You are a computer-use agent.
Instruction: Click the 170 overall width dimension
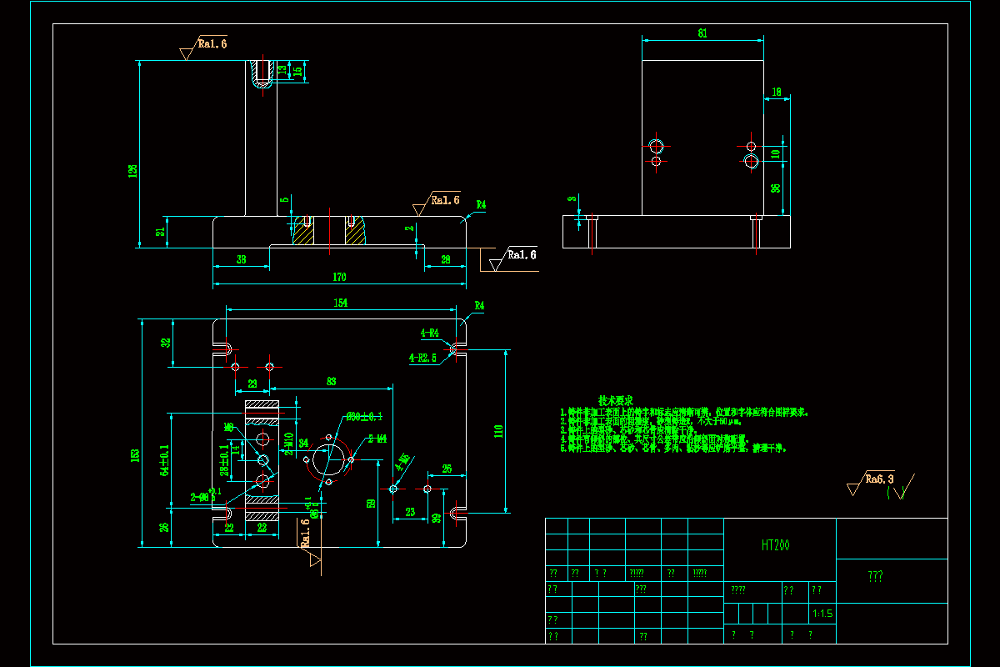(x=339, y=277)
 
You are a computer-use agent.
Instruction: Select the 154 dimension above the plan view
(x=341, y=303)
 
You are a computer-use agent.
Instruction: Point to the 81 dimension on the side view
(x=702, y=33)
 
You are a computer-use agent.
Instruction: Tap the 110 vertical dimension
(x=498, y=431)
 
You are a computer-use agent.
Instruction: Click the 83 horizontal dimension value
(x=331, y=382)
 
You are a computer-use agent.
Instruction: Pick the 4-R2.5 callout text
(x=422, y=358)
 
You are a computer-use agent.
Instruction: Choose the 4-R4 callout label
(x=430, y=333)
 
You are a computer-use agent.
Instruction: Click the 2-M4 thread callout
(x=377, y=439)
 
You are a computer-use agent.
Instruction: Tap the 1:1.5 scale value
(x=822, y=614)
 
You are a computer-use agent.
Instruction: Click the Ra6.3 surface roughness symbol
(x=879, y=479)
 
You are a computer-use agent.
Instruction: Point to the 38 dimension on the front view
(x=241, y=260)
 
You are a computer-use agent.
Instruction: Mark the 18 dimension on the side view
(x=777, y=93)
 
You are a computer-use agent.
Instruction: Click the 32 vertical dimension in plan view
(x=167, y=343)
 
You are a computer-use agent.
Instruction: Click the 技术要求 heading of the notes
(x=616, y=400)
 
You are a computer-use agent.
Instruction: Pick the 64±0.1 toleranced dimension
(x=164, y=459)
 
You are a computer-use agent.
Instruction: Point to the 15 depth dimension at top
(x=297, y=72)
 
